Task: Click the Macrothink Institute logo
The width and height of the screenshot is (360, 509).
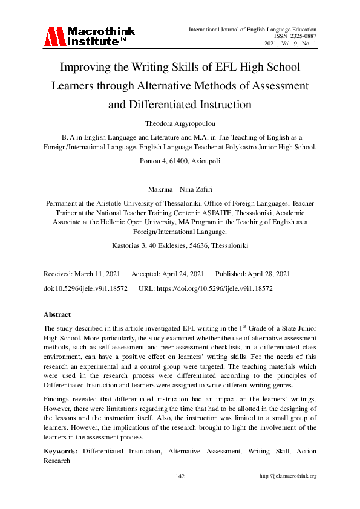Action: (88, 37)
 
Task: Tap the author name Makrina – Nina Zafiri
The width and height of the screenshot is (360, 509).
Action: (180, 189)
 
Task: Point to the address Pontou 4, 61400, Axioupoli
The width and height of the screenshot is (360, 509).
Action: (180, 162)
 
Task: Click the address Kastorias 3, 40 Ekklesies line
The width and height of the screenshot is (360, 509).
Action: (180, 246)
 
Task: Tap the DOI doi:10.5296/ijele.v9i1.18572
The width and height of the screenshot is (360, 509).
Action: (85, 289)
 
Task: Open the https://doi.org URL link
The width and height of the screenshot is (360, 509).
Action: (218, 289)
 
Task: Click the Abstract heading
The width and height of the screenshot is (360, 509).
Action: (57, 314)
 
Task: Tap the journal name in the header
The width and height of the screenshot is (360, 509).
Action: (252, 29)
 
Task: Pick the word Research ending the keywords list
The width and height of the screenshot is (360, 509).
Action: (57, 460)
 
